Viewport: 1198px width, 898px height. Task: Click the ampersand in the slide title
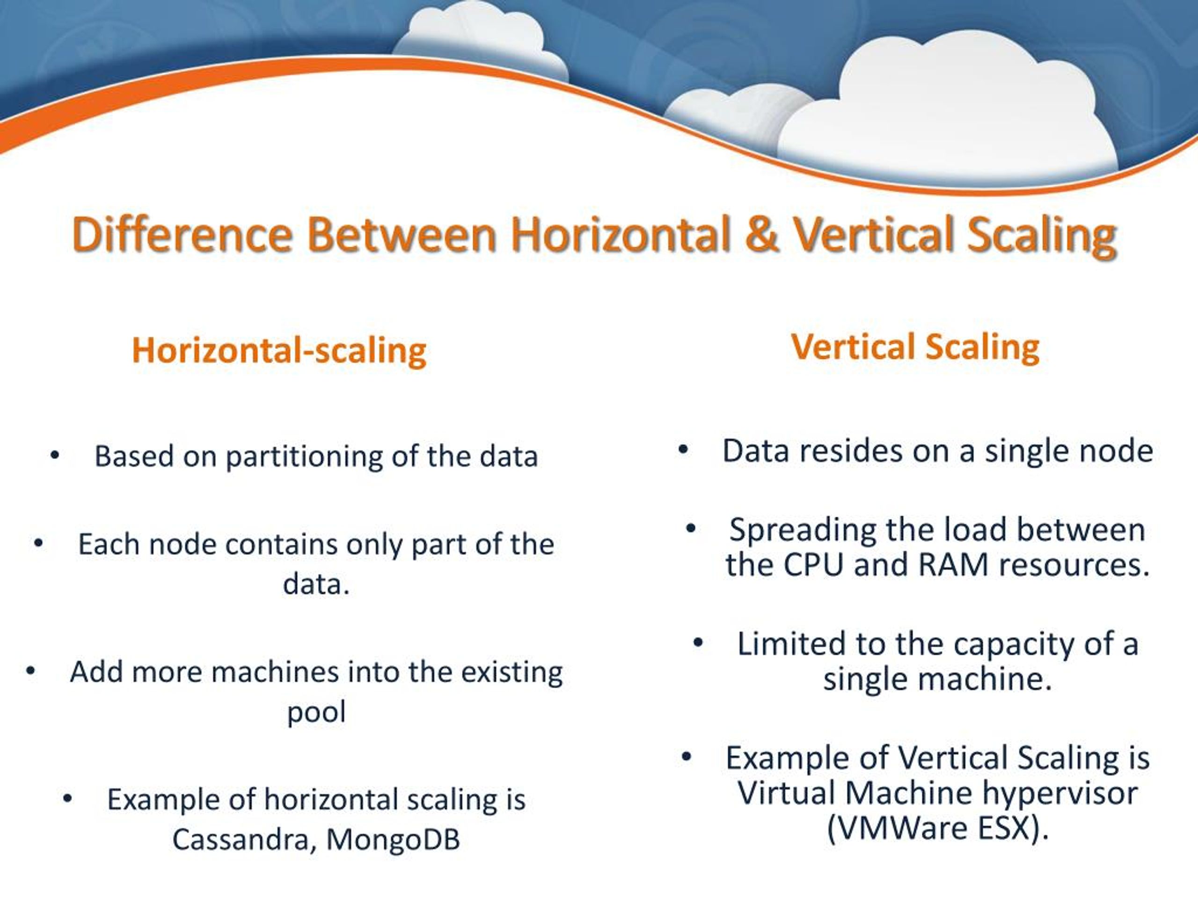[x=761, y=234]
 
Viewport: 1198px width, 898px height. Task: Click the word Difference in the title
[x=183, y=234]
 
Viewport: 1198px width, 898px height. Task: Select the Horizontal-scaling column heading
[x=279, y=351]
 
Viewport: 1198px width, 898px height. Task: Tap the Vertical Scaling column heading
[x=915, y=347]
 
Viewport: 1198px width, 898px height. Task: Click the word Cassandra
[x=241, y=840]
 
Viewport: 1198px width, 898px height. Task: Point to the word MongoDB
[x=393, y=840]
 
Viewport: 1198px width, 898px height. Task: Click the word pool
[x=316, y=713]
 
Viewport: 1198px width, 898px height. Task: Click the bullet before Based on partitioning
[x=54, y=456]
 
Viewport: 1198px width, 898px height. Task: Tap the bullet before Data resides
[x=683, y=450]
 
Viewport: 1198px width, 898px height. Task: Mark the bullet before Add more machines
[x=30, y=672]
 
